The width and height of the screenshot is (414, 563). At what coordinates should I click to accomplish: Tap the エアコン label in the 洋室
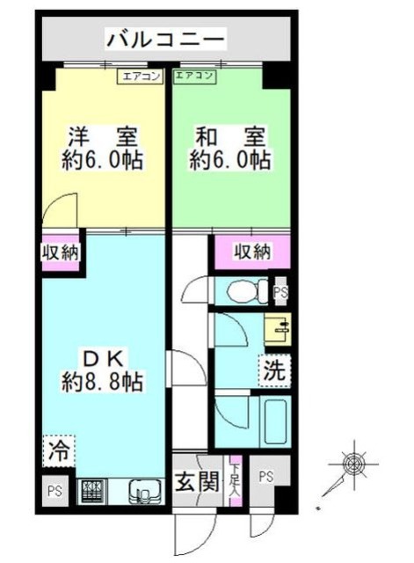tap(141, 77)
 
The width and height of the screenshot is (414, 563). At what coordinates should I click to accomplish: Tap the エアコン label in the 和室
tap(195, 77)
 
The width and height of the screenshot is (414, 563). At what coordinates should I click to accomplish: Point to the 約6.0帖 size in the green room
tap(231, 160)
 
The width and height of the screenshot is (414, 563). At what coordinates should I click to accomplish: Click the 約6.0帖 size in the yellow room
tap(104, 160)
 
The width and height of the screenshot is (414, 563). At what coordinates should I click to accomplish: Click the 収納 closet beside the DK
tap(61, 252)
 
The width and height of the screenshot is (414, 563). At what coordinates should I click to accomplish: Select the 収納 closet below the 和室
tap(252, 252)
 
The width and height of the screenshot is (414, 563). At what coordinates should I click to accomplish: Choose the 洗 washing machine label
tap(273, 371)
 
